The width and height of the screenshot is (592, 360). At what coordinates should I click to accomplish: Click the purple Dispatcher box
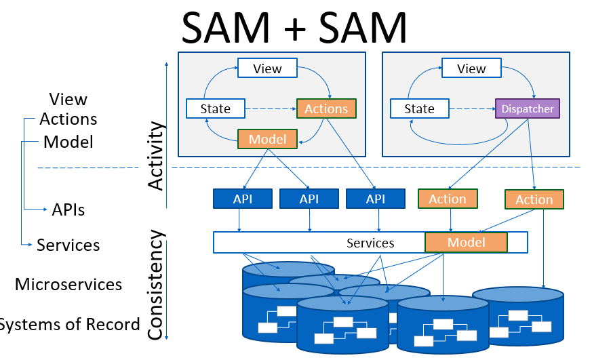[x=528, y=108]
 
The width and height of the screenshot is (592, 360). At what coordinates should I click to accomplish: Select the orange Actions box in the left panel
[x=326, y=108]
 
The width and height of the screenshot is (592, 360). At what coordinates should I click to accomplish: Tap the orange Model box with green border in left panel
[x=267, y=139]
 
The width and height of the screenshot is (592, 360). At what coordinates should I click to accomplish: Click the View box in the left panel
[x=267, y=68]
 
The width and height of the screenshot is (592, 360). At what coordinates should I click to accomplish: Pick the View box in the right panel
[x=471, y=68]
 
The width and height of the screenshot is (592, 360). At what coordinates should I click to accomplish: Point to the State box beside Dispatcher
[x=419, y=108]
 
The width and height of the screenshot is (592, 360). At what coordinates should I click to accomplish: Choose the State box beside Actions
[x=216, y=108]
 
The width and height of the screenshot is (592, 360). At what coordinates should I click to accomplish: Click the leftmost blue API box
[x=243, y=199]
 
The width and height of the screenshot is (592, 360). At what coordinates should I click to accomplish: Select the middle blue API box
[x=309, y=199]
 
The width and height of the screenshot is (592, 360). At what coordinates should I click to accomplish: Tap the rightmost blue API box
[x=376, y=199]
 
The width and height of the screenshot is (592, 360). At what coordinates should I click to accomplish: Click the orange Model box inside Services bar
[x=466, y=242]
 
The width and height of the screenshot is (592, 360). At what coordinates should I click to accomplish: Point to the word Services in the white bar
[x=370, y=243]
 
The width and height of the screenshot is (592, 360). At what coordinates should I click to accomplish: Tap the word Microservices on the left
[x=68, y=284]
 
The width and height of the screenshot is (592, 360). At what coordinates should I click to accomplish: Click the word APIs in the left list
[x=68, y=209]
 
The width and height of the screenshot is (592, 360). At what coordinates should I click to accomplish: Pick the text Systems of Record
[x=68, y=324]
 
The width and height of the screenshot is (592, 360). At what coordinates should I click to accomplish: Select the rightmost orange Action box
[x=534, y=199]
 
